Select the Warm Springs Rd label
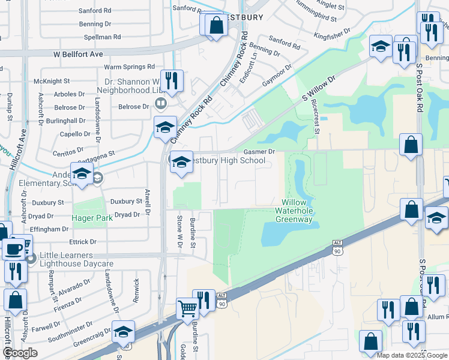[130, 67]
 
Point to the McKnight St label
[52, 81]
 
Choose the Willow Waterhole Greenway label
[294, 211]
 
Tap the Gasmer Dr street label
[259, 152]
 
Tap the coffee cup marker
[14, 249]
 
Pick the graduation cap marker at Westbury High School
[181, 162]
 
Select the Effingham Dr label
[49, 229]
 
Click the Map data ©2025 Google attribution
[411, 355]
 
